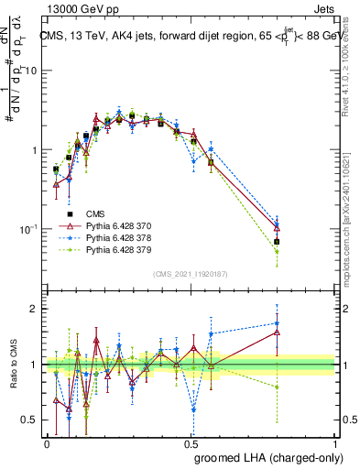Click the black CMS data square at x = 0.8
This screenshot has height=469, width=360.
tap(277, 242)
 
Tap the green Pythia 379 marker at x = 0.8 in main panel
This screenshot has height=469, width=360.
tap(277, 251)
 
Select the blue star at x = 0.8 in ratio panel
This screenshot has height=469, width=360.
tap(277, 322)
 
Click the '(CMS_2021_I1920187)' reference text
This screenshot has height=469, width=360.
tap(190, 274)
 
